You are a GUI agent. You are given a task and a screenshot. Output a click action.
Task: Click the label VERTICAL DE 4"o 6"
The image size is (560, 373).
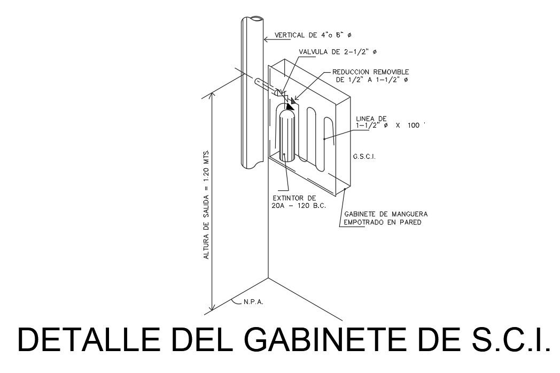[313, 36]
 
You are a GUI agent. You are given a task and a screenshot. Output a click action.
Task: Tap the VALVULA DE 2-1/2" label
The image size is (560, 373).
[338, 52]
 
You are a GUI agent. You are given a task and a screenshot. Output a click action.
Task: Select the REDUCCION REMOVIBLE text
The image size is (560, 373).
[370, 72]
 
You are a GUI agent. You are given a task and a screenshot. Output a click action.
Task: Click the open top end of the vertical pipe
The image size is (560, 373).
[252, 20]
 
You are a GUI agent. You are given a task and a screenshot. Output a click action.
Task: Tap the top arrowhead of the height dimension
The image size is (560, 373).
[213, 95]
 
